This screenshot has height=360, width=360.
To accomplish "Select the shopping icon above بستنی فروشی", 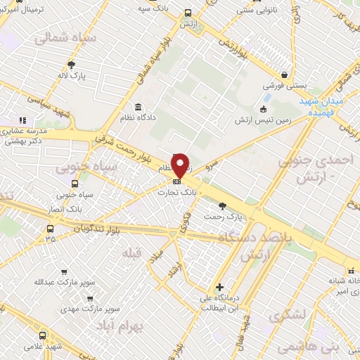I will pyautogui.click(x=284, y=75).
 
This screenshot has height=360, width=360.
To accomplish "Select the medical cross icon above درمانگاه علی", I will pyautogui.click(x=221, y=287).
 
